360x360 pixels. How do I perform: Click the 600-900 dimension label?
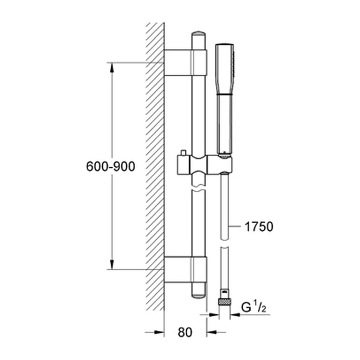[110, 166]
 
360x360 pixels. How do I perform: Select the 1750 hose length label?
[259, 227]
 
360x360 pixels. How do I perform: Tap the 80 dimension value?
[185, 332]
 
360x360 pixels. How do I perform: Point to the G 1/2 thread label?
[254, 308]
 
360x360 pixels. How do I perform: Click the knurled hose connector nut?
[225, 302]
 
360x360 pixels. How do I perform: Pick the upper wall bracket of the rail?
[186, 63]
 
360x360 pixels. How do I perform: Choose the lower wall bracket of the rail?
[186, 270]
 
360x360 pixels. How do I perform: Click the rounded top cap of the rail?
[199, 34]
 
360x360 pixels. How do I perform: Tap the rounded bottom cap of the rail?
[199, 295]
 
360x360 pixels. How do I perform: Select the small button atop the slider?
[183, 153]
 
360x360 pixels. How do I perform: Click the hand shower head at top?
[225, 69]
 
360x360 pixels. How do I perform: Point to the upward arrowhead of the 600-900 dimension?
[112, 68]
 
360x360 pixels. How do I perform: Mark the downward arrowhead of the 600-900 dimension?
[112, 264]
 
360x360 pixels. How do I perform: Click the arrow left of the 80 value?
[155, 332]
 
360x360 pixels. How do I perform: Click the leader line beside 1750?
[235, 227]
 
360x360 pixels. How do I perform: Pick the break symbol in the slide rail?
[199, 188]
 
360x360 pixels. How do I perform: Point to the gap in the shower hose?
[224, 244]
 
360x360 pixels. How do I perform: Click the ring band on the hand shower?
[225, 94]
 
